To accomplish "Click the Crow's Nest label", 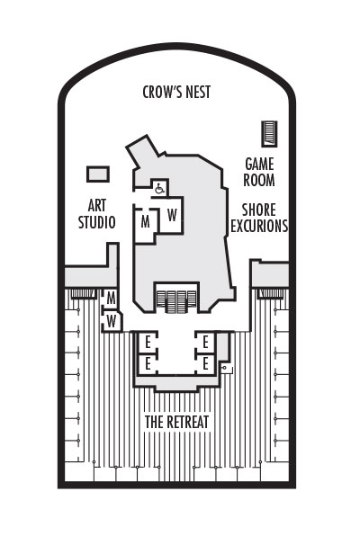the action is pyautogui.click(x=176, y=93).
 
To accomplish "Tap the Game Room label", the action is pyautogui.click(x=259, y=173).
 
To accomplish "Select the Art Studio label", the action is pyautogui.click(x=97, y=214).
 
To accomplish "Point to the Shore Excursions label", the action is pyautogui.click(x=259, y=219).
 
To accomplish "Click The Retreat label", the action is pyautogui.click(x=176, y=422).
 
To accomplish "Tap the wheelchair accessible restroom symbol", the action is pyautogui.click(x=159, y=188).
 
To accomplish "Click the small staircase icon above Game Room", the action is pyautogui.click(x=269, y=134).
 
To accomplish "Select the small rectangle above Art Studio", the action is pyautogui.click(x=98, y=174).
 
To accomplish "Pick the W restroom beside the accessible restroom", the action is pyautogui.click(x=172, y=215).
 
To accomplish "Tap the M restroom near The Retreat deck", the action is pyautogui.click(x=111, y=299).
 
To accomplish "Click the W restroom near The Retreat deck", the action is pyautogui.click(x=112, y=321).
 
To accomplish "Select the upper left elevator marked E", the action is pyautogui.click(x=148, y=342).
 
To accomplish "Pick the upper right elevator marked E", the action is pyautogui.click(x=205, y=342).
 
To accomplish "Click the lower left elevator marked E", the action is pyautogui.click(x=148, y=363).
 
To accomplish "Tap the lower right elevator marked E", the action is pyautogui.click(x=205, y=363).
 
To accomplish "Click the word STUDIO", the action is pyautogui.click(x=97, y=222).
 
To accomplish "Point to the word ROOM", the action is pyautogui.click(x=259, y=180).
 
